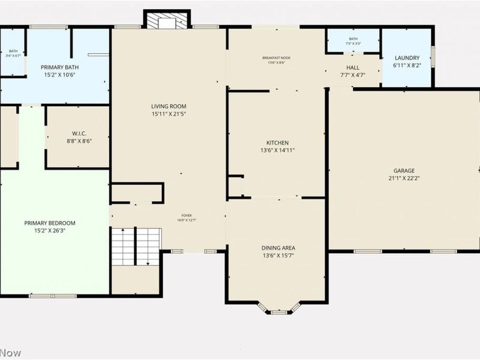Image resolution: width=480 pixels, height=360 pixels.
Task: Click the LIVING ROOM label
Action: [x=164, y=106]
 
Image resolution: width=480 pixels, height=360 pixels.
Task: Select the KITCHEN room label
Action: [x=277, y=143]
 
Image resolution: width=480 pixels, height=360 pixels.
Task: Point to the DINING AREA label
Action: [x=278, y=248]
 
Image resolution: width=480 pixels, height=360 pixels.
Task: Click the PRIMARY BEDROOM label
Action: [x=50, y=223]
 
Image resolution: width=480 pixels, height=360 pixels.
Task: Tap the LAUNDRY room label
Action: [x=407, y=58]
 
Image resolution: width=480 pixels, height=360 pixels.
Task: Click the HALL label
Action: [x=353, y=68]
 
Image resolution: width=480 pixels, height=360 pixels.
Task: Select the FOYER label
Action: [x=187, y=215]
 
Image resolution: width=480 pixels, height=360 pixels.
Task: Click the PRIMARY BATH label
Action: [x=56, y=68]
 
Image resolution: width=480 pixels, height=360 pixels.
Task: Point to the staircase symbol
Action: [x=136, y=246]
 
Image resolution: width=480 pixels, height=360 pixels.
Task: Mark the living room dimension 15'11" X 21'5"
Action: [x=164, y=113]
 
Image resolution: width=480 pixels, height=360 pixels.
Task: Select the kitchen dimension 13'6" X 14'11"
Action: [x=277, y=151]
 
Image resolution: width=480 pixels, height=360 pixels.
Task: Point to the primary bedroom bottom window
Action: [x=53, y=295]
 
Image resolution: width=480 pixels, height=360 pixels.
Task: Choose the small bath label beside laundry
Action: [x=353, y=39]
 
